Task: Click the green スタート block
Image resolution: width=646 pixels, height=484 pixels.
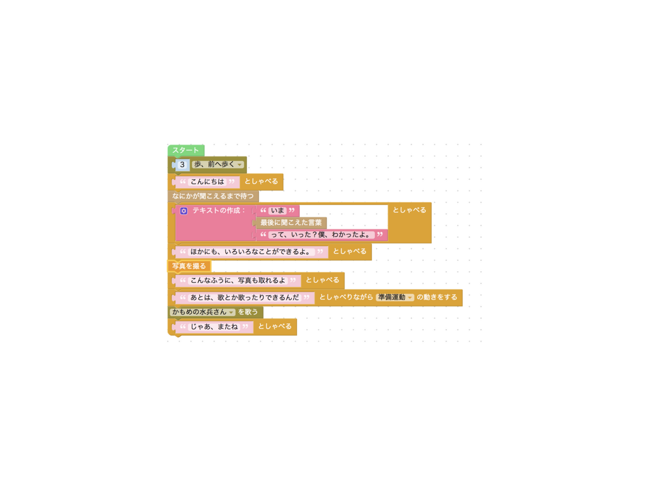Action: [x=186, y=151]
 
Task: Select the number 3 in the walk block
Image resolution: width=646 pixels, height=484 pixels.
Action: [x=182, y=165]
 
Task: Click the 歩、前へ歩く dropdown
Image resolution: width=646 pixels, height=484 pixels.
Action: [x=218, y=165]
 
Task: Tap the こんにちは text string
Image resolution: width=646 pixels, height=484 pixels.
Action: [x=207, y=182]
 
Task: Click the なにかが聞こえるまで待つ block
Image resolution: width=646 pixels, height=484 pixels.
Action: [x=213, y=196]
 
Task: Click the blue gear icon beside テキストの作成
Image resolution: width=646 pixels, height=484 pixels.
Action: [x=184, y=211]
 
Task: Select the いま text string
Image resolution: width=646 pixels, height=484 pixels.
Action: [x=278, y=210]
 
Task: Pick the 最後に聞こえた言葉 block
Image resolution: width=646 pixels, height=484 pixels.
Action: [x=291, y=222]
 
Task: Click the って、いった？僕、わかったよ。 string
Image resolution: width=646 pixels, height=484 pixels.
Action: [x=321, y=235]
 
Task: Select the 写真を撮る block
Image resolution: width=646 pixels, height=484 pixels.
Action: [x=189, y=266]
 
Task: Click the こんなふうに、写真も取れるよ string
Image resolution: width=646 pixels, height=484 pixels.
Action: [x=238, y=280]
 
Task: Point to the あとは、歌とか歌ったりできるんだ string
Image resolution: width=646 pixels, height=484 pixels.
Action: [x=245, y=297]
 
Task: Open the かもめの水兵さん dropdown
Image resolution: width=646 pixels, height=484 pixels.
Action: [x=202, y=312]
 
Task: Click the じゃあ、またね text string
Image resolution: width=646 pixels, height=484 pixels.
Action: [x=214, y=326]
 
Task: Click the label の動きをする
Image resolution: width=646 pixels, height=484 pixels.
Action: [x=437, y=297]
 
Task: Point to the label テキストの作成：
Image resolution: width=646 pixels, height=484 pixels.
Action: [x=219, y=210]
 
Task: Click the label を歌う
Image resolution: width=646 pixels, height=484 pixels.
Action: [x=248, y=312]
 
